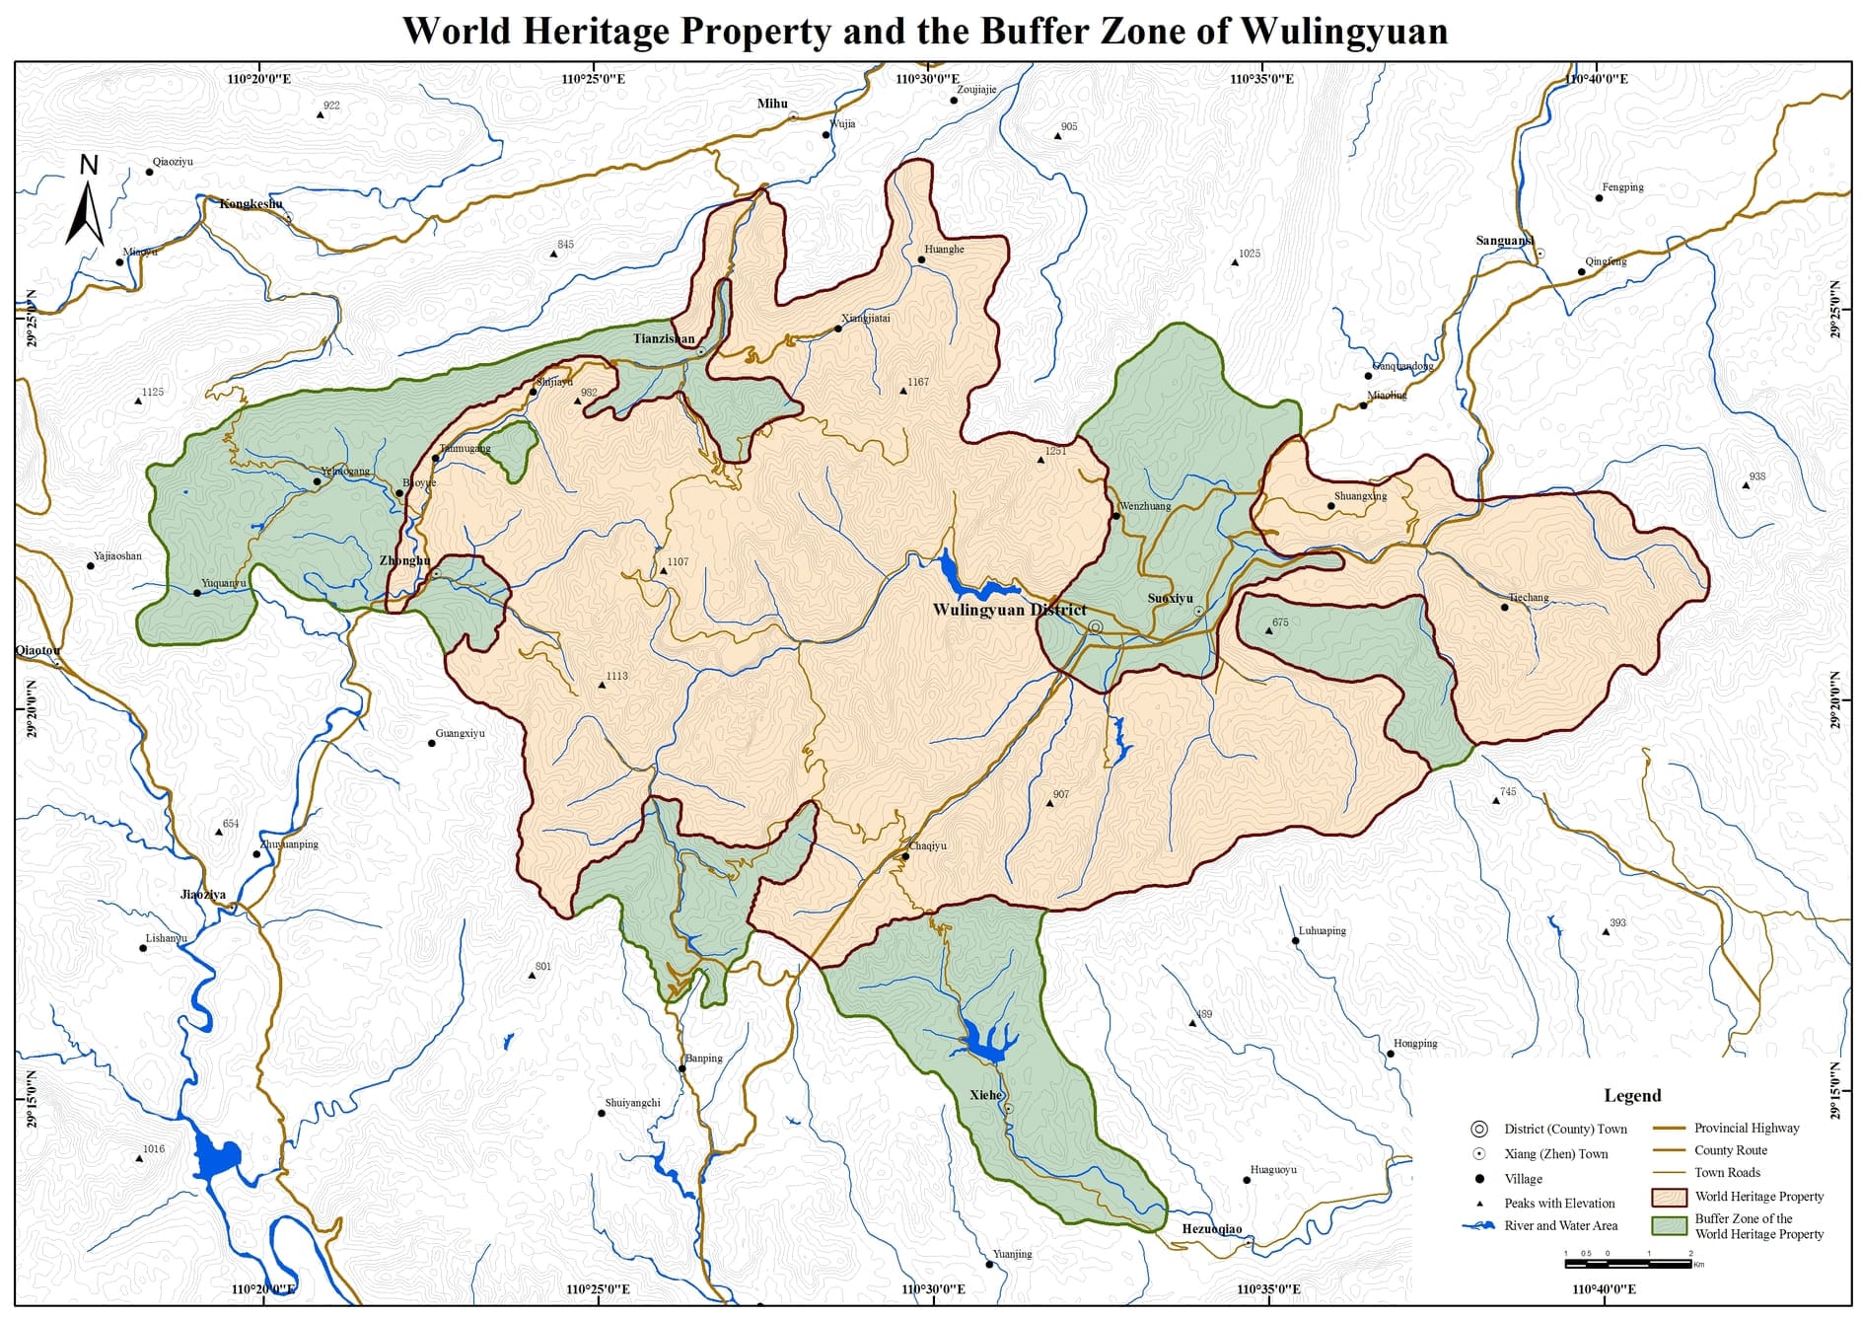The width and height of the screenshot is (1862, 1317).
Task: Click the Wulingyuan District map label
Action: (1009, 609)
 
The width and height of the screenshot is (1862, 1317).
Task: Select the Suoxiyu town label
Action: (1170, 598)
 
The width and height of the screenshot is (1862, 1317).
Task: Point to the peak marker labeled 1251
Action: (1040, 460)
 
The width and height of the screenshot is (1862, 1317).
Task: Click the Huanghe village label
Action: (944, 249)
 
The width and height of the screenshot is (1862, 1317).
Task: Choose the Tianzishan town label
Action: (663, 338)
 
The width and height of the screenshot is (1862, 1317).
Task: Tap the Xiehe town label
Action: (985, 1095)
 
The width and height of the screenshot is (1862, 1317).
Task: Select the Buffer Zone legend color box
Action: (1669, 1225)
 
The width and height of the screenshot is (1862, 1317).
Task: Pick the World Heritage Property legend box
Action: (1669, 1197)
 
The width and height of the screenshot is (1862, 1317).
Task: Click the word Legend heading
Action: (1631, 1095)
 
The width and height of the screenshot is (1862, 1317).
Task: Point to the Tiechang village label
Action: (1528, 598)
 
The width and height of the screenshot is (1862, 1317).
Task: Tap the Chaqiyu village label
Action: (927, 845)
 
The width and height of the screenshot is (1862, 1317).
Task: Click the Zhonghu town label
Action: (404, 560)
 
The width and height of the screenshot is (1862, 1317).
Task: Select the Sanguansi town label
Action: (1504, 241)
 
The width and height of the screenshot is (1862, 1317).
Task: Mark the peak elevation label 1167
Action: (917, 382)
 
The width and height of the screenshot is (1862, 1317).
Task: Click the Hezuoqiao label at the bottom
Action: (1211, 1229)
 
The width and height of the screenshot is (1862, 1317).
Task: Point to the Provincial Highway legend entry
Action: (1746, 1128)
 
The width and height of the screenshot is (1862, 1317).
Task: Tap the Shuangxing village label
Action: (1360, 495)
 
